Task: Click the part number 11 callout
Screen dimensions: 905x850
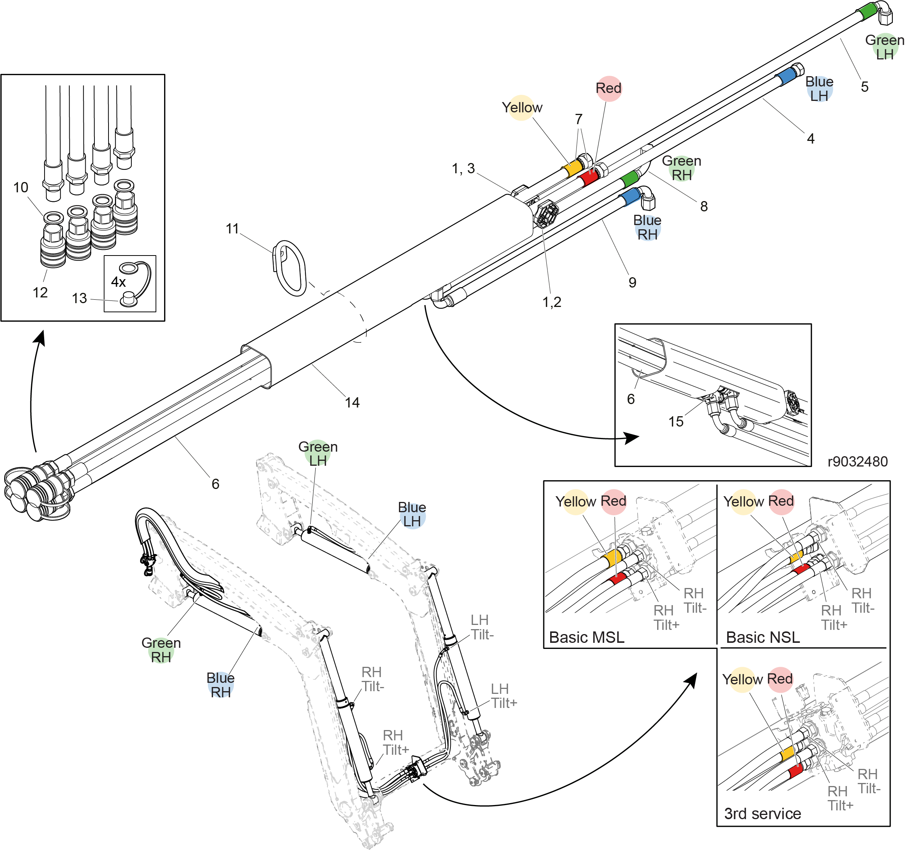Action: [x=232, y=228]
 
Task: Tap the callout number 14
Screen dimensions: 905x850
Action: [x=352, y=403]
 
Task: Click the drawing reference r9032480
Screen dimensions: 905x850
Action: [x=857, y=462]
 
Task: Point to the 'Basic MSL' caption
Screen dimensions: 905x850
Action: [x=586, y=637]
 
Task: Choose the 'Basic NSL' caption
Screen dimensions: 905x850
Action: [x=763, y=637]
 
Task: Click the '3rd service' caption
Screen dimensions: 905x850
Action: [x=762, y=813]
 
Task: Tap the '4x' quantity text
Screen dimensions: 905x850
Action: [x=118, y=282]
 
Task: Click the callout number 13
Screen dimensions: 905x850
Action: [x=79, y=298]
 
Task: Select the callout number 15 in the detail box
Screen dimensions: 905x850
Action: [x=675, y=422]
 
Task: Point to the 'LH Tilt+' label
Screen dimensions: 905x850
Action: [x=503, y=696]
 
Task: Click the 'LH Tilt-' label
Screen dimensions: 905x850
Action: [x=482, y=627]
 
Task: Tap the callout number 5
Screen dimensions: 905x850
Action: [x=865, y=86]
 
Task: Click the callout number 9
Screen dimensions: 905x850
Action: [x=632, y=282]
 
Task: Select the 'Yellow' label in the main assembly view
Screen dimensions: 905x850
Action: [x=522, y=107]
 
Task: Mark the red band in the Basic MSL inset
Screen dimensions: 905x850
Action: [x=618, y=578]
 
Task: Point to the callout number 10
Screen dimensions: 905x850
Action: [x=21, y=187]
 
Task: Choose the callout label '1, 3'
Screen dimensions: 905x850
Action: [x=463, y=168]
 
